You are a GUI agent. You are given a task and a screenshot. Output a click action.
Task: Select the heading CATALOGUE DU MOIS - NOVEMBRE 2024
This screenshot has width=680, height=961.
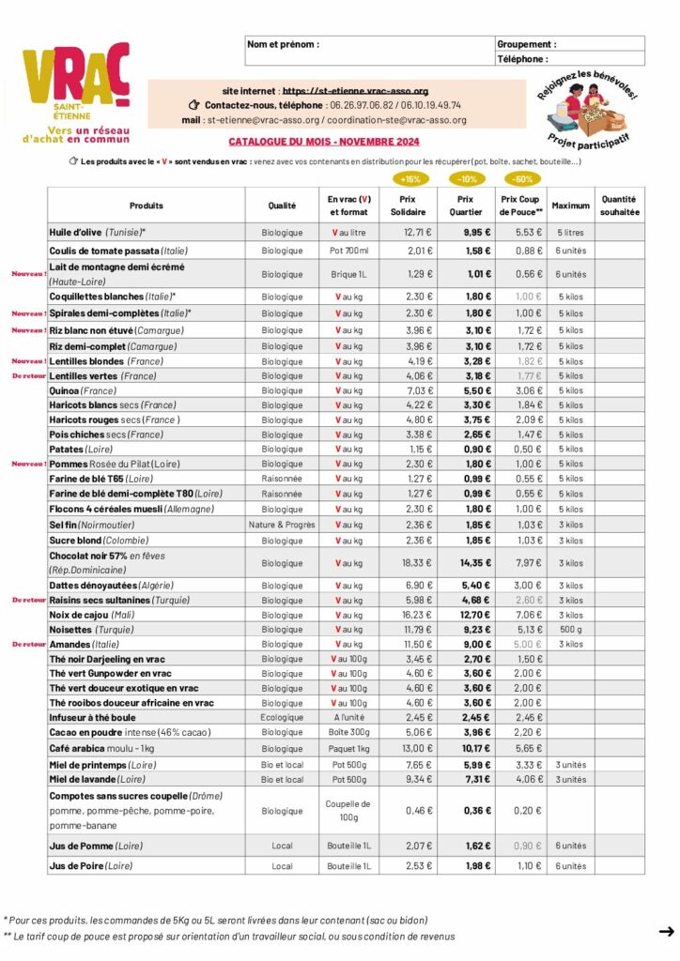tap(323, 142)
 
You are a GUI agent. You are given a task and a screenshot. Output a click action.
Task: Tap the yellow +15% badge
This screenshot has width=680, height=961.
tap(410, 178)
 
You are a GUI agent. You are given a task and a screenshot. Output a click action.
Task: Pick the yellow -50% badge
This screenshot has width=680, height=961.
tap(523, 178)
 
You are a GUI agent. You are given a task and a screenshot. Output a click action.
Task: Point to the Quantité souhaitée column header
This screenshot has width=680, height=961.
tap(619, 206)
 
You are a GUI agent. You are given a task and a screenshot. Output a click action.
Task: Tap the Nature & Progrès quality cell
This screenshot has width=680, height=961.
tap(282, 525)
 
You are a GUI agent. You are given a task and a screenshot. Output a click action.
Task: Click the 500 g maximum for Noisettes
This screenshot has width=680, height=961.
tap(569, 630)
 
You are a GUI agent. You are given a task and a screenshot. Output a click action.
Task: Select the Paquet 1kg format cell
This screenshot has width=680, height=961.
tap(348, 748)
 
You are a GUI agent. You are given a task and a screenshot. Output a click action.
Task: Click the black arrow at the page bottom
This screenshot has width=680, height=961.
tap(666, 931)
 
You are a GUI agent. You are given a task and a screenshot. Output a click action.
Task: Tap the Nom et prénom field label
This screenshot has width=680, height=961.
tap(283, 44)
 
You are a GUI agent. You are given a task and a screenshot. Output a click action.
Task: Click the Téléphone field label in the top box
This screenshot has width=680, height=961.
tap(522, 58)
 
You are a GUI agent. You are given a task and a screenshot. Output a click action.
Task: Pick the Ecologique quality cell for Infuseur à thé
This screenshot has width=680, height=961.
tap(282, 717)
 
